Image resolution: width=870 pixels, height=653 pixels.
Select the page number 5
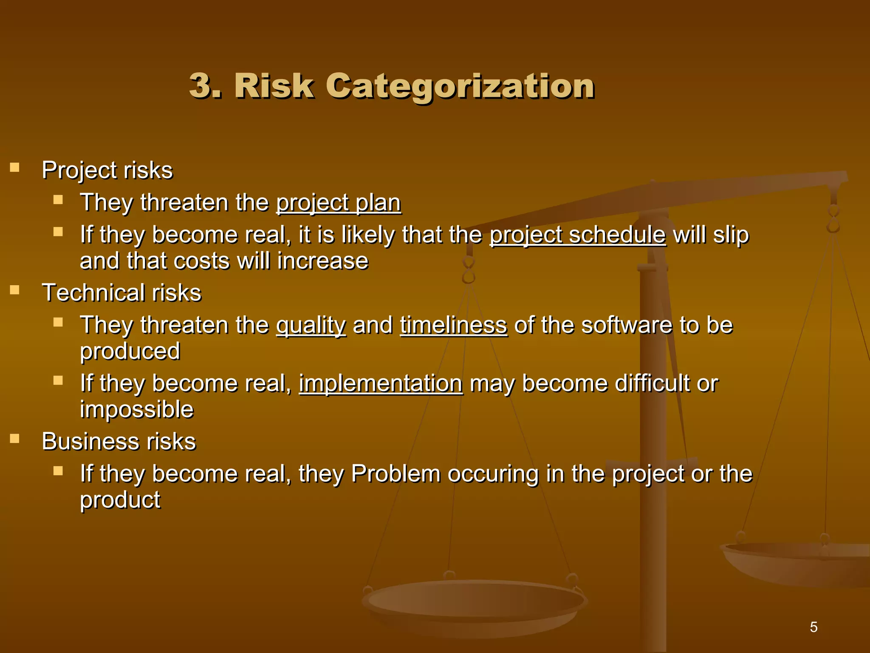click(x=814, y=627)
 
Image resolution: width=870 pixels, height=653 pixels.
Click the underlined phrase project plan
click(x=339, y=203)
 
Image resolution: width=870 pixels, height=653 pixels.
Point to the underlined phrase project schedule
click(x=578, y=235)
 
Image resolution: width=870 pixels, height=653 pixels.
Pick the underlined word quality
click(x=311, y=326)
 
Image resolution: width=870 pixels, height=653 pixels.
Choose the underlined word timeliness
click(x=453, y=325)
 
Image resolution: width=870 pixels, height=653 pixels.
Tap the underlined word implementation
click(x=381, y=383)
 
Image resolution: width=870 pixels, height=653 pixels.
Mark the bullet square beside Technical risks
click(x=15, y=290)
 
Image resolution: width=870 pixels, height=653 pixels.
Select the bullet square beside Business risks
click(x=15, y=438)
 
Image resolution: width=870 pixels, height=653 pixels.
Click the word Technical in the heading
click(x=93, y=293)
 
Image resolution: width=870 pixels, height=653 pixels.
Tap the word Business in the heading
click(x=90, y=441)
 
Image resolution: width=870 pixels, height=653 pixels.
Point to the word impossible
click(x=137, y=410)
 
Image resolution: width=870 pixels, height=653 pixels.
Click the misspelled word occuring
click(x=493, y=474)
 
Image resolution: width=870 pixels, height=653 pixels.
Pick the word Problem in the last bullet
click(x=395, y=474)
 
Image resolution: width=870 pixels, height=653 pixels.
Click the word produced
click(x=130, y=352)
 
